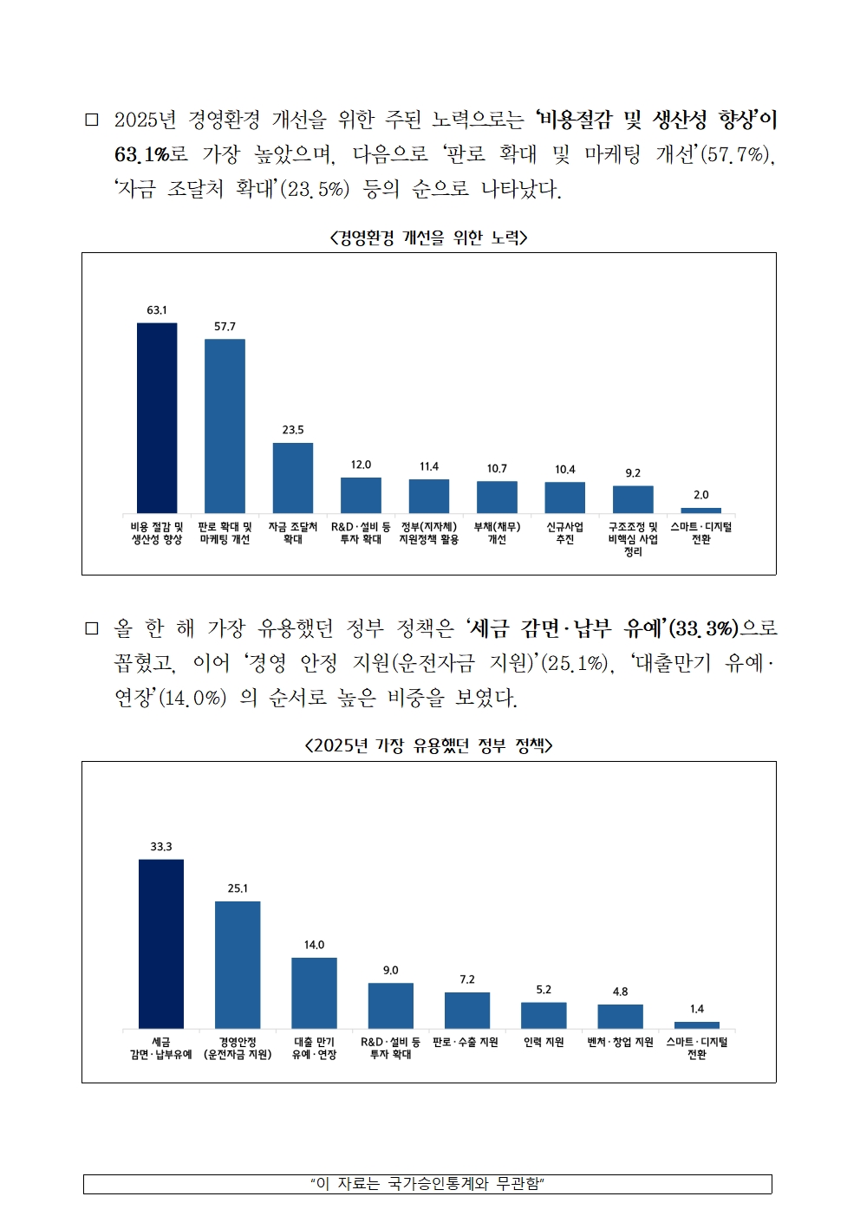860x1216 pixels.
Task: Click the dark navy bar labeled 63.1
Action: click(x=157, y=418)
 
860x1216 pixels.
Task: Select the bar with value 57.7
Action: click(x=225, y=426)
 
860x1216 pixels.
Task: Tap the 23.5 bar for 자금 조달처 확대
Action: click(x=293, y=478)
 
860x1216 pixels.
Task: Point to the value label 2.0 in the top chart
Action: click(x=700, y=495)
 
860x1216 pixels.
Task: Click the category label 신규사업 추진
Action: click(x=564, y=533)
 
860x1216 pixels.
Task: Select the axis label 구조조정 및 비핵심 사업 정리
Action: click(x=633, y=539)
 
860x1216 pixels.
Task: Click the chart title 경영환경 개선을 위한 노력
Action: click(x=428, y=237)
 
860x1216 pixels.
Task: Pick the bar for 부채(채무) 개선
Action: click(x=497, y=497)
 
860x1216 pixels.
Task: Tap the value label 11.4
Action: click(x=429, y=466)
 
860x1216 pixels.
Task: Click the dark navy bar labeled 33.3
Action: click(x=161, y=944)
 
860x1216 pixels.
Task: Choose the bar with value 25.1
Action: click(x=238, y=965)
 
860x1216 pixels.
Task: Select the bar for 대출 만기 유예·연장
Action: click(x=314, y=993)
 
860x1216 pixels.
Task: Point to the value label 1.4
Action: click(x=697, y=1009)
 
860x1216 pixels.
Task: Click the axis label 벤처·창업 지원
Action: click(x=620, y=1043)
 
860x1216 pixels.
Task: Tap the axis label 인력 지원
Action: click(x=544, y=1043)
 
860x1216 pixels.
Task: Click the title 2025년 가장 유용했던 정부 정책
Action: click(x=428, y=745)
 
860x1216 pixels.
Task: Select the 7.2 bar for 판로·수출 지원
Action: click(x=467, y=1011)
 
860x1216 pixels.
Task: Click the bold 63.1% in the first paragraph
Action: click(x=141, y=154)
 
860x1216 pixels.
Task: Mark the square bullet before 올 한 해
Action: click(x=92, y=628)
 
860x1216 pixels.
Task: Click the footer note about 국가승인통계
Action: click(x=427, y=1184)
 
